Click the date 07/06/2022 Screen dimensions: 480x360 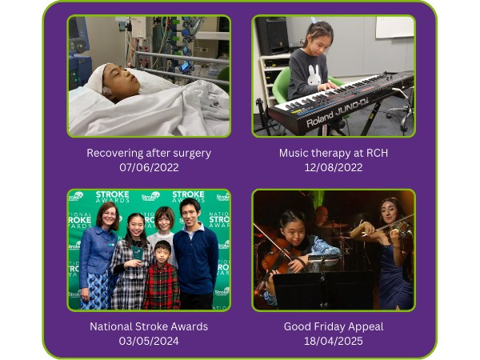click(149, 167)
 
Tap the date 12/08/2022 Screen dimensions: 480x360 click(334, 167)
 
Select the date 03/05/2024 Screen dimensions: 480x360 click(149, 341)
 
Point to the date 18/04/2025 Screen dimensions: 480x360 click(334, 341)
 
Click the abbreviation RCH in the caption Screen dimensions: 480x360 click(377, 153)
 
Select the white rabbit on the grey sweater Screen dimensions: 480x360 click(314, 74)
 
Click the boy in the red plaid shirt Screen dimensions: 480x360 click(162, 275)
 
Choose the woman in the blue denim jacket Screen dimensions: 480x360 click(98, 256)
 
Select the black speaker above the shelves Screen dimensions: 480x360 click(272, 35)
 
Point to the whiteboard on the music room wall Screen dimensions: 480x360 click(394, 27)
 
